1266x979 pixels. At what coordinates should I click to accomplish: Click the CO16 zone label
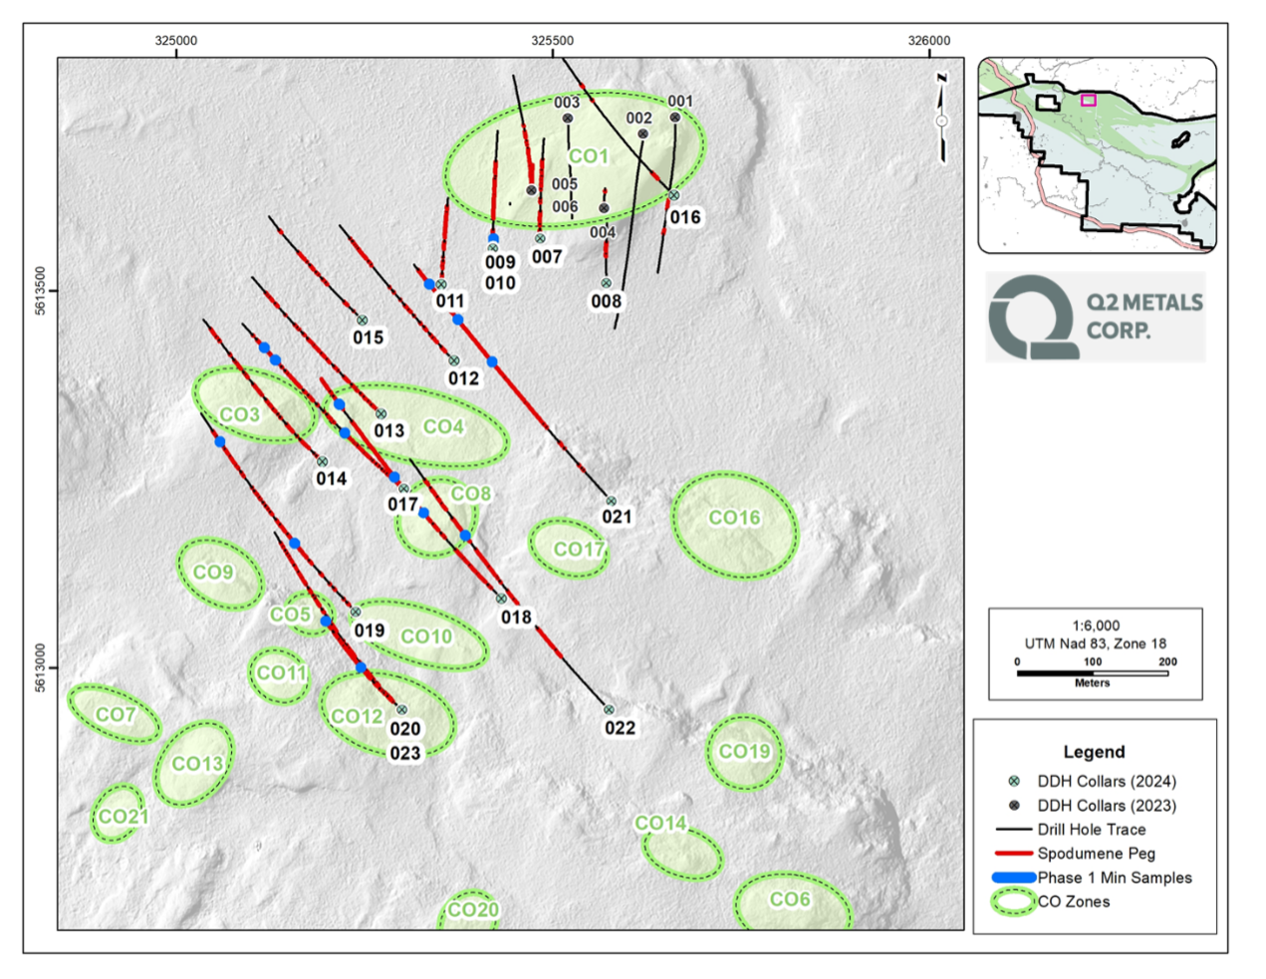(x=734, y=518)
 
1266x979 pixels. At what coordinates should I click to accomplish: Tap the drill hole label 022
(x=620, y=728)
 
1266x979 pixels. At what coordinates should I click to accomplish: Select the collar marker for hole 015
(x=363, y=321)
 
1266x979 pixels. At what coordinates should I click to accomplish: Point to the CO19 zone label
(x=744, y=752)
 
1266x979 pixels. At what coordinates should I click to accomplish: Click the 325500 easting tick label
(x=553, y=41)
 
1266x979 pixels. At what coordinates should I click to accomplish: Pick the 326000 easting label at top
(x=928, y=41)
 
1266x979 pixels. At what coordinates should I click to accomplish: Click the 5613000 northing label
(x=41, y=667)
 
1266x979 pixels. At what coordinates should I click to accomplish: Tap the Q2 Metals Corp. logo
(x=1095, y=317)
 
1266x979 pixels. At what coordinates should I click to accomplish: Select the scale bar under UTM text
(x=1092, y=673)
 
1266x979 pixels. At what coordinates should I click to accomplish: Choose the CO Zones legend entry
(x=1073, y=902)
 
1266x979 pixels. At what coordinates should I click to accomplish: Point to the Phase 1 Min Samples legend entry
(x=1114, y=877)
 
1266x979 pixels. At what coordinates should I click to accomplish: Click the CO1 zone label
(x=588, y=156)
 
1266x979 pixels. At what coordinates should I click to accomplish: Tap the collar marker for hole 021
(x=612, y=502)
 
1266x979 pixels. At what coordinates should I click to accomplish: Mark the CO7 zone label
(x=115, y=715)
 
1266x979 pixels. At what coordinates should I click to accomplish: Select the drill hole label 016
(x=685, y=217)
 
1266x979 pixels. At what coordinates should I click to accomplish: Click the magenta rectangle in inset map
(x=1089, y=100)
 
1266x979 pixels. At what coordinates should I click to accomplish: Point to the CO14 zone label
(x=660, y=824)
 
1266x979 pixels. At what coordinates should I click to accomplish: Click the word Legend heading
(x=1094, y=752)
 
